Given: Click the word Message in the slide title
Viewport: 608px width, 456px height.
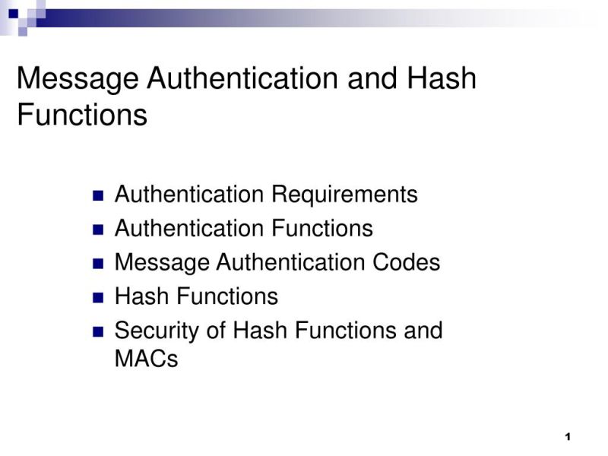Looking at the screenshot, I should [78, 78].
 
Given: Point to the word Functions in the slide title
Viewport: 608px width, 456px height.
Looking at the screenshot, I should [82, 116].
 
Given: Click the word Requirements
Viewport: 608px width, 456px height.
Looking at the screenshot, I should [344, 195].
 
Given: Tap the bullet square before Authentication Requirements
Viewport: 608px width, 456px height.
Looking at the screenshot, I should [97, 195].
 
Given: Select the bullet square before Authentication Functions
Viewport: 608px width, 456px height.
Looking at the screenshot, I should [97, 230].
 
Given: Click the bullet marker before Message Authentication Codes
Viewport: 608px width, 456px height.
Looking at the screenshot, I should [97, 264].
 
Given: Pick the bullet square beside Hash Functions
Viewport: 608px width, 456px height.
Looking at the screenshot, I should [97, 297].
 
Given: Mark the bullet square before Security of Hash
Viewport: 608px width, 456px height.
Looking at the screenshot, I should [97, 331].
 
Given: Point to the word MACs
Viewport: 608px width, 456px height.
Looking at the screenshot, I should [146, 358].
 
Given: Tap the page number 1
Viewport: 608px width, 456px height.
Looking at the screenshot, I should [568, 436].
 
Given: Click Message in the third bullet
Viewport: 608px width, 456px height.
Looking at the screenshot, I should [162, 263].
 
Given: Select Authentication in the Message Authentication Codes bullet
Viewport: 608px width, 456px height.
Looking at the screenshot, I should [291, 263].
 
